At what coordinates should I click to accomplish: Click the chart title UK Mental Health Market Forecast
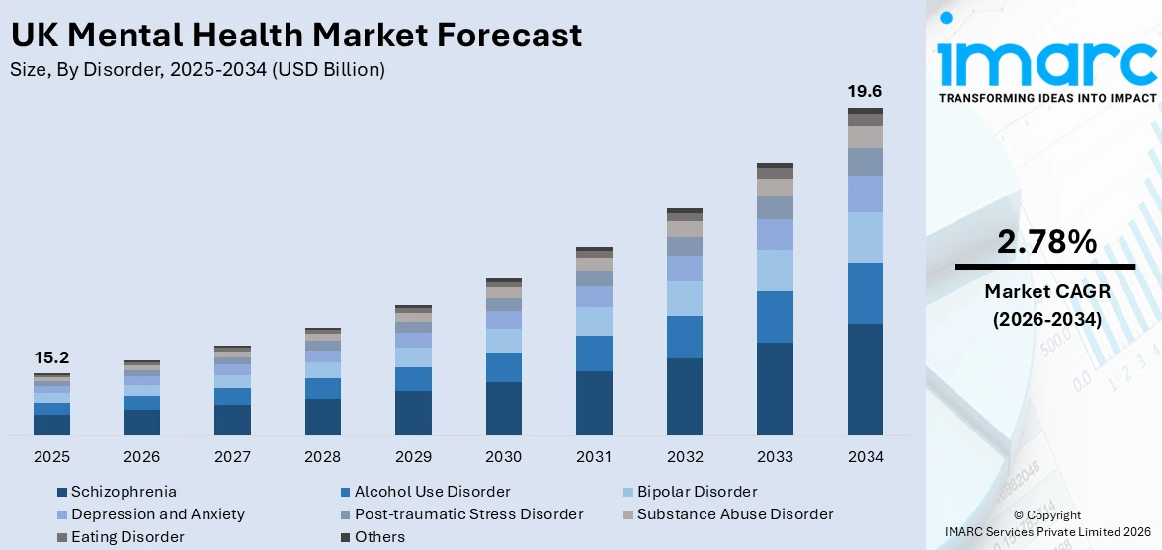click(296, 35)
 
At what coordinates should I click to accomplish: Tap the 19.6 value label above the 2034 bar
click(865, 91)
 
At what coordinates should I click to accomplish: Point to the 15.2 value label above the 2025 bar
click(51, 357)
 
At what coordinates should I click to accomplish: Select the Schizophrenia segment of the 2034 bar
click(865, 379)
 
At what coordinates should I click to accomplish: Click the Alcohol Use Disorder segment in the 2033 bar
click(775, 317)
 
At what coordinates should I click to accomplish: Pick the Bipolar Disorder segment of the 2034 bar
click(865, 237)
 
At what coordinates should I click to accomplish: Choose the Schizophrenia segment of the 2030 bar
click(504, 408)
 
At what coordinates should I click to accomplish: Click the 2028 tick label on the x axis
click(323, 457)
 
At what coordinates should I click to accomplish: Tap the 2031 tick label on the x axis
click(594, 457)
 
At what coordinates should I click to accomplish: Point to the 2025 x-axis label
click(51, 457)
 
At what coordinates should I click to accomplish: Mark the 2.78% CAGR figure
click(1045, 242)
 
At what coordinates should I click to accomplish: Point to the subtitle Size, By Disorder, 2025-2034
click(198, 70)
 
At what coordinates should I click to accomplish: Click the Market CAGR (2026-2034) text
click(1045, 305)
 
